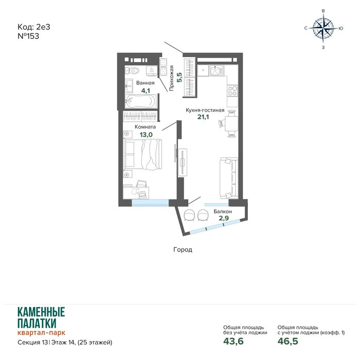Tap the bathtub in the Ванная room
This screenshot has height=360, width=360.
[x=141, y=101]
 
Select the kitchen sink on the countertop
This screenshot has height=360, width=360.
[x=216, y=70]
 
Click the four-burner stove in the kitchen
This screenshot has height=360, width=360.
[x=232, y=91]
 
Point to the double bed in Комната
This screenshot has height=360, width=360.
[x=142, y=154]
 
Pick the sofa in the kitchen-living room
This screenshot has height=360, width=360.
[x=228, y=178]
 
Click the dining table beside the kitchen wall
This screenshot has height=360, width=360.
[x=231, y=123]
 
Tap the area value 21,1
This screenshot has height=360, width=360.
[x=203, y=117]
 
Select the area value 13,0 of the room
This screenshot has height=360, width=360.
[x=146, y=135]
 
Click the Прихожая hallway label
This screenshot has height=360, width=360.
[x=171, y=78]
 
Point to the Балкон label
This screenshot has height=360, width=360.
[x=223, y=211]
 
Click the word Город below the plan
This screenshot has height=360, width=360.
[x=183, y=249]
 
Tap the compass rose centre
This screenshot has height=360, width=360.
[x=323, y=28]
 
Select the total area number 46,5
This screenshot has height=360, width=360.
[x=287, y=341]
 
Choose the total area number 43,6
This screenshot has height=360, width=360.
[x=233, y=341]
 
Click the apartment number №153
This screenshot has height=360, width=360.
[x=28, y=37]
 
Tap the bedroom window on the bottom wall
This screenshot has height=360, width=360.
[x=150, y=203]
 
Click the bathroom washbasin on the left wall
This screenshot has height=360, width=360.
[x=129, y=86]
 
